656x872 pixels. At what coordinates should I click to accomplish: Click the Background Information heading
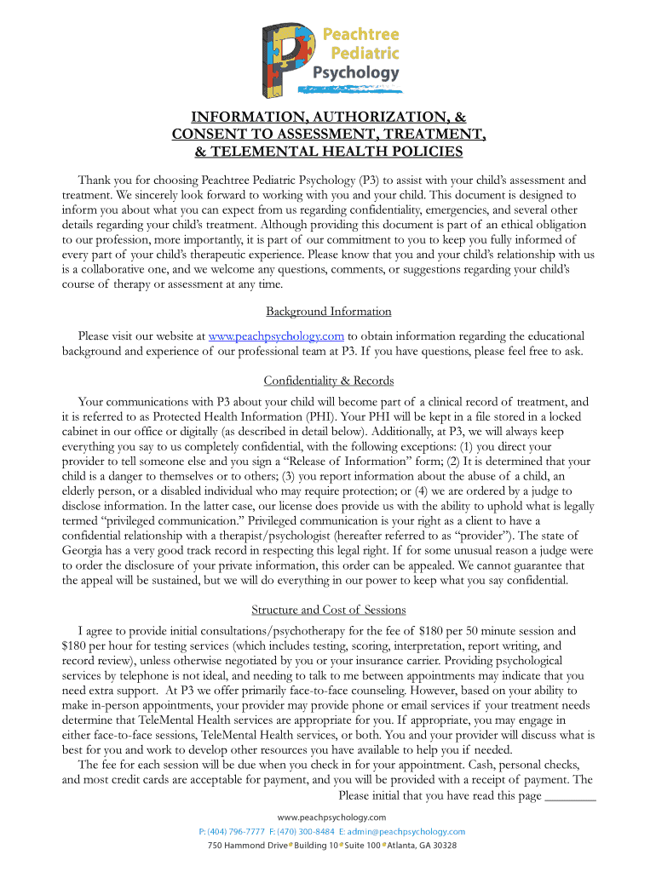pyautogui.click(x=328, y=312)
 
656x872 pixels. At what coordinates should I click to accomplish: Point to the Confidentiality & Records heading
pyautogui.click(x=328, y=380)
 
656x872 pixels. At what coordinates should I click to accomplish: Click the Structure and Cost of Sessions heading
pyautogui.click(x=328, y=610)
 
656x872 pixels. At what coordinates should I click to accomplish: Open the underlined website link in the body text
pyautogui.click(x=276, y=336)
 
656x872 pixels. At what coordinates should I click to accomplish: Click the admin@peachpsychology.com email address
pyautogui.click(x=406, y=831)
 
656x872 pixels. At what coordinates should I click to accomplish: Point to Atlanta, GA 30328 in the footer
pyautogui.click(x=423, y=846)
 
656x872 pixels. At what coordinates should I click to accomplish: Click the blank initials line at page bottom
pyautogui.click(x=569, y=798)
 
